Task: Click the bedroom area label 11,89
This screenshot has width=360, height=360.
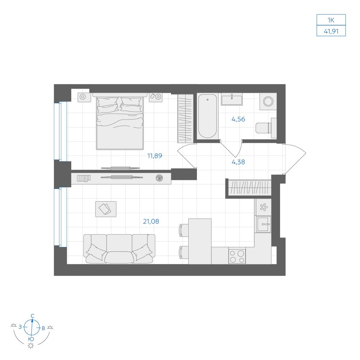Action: [154, 156]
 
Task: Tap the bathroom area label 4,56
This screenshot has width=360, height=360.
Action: [238, 119]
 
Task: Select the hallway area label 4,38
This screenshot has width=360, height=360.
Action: [238, 162]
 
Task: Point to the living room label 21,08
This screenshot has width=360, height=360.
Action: [151, 221]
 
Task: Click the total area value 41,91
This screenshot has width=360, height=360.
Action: [331, 31]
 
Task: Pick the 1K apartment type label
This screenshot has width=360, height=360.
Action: [331, 20]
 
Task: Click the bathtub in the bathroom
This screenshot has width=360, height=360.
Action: [207, 116]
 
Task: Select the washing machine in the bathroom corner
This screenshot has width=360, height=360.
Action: [268, 101]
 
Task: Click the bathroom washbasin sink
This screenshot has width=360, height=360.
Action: [231, 99]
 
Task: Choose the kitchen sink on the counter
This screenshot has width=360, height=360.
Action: [264, 224]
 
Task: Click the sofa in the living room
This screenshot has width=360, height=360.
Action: [119, 249]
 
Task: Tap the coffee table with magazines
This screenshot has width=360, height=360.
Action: [105, 209]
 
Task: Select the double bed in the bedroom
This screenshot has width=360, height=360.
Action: [120, 121]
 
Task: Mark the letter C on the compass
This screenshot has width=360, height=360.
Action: [33, 316]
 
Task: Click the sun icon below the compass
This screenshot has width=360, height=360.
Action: [31, 346]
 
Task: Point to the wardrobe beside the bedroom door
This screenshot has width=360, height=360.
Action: [185, 118]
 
